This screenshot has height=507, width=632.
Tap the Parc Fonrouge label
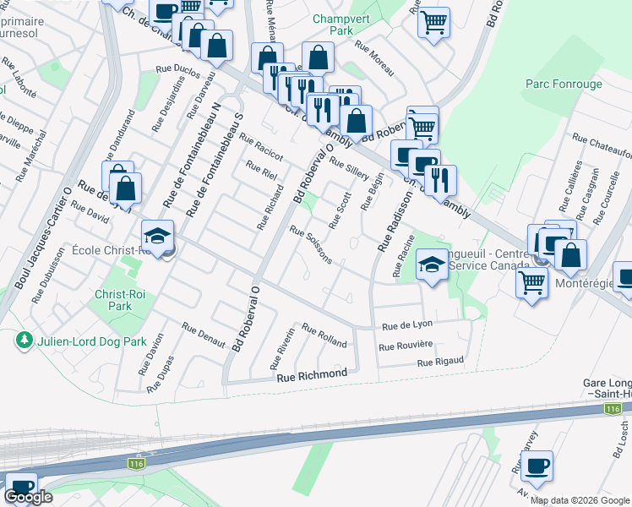pos(564,84)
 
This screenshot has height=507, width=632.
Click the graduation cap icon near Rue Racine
pos(431,266)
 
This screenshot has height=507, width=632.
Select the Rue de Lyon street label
pos(407,326)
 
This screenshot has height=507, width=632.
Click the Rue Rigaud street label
pos(440,362)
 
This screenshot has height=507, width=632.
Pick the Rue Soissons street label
pos(311,243)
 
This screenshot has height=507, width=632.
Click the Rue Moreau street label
pos(374,58)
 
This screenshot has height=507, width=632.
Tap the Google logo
pos(28,497)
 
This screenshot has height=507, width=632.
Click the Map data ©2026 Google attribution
pos(580,500)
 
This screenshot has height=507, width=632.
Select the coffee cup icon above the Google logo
pos(20,487)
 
